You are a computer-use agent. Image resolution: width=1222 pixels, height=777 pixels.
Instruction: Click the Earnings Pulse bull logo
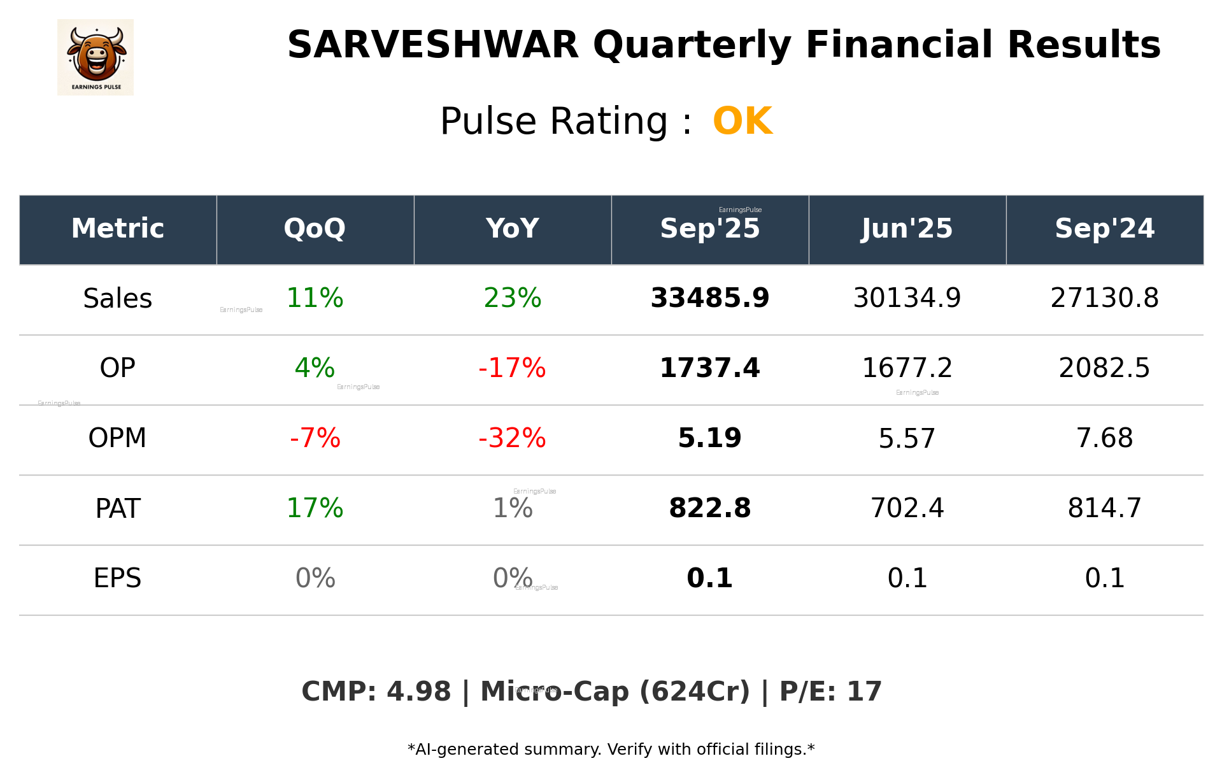pos(96,57)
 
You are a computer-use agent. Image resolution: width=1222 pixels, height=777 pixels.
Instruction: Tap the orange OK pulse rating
pos(742,121)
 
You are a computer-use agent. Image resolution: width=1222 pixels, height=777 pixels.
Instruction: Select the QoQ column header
pos(315,229)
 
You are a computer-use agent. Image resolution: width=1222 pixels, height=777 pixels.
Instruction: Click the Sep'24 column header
pos(1104,229)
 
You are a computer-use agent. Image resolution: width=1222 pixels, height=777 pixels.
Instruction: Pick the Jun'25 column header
pos(907,229)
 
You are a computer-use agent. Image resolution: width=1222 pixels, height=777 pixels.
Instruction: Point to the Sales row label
pos(118,299)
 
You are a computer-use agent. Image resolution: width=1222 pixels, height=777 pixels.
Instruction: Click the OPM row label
pos(118,438)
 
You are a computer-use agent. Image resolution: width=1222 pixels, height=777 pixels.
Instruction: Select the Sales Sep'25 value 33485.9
pos(709,298)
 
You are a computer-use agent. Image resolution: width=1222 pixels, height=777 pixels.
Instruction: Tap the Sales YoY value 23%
pos(512,298)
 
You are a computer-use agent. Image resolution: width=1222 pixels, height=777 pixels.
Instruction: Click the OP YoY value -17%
pos(512,368)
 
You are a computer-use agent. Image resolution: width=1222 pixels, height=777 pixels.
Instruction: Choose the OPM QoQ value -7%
pos(315,438)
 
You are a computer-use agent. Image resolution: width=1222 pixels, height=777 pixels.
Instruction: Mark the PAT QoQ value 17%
pos(315,508)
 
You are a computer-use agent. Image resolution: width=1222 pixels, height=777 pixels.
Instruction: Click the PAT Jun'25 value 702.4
pos(907,508)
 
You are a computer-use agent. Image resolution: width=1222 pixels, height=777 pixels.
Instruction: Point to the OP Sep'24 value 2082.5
pos(1104,368)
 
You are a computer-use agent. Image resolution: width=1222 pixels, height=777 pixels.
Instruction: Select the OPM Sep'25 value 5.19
pos(709,438)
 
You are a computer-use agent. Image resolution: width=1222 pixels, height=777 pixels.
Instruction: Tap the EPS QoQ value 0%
pos(315,578)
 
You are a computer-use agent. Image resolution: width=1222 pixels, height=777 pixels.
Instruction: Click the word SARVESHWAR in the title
pos(433,45)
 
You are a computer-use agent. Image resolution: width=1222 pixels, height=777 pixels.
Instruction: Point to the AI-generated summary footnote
pos(611,750)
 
